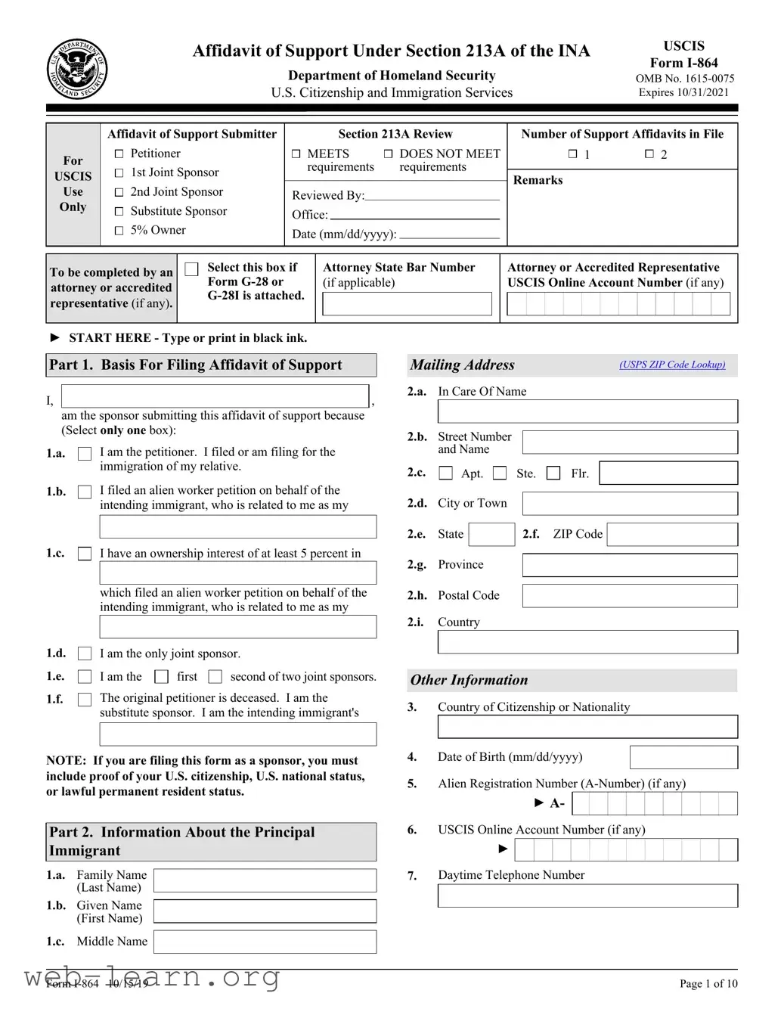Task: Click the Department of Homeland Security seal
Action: (x=76, y=69)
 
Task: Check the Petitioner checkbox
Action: (x=119, y=154)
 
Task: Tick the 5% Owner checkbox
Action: (x=119, y=231)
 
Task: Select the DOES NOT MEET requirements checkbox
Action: (x=388, y=154)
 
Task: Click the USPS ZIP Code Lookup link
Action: (x=671, y=365)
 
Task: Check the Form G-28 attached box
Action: (x=192, y=269)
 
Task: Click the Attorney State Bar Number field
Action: (x=407, y=304)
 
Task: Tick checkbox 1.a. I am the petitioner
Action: (x=85, y=454)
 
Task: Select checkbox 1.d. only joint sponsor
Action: (x=85, y=653)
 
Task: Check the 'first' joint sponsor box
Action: (x=161, y=676)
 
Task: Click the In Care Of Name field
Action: (x=587, y=411)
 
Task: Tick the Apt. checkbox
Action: (x=446, y=473)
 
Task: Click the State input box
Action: (x=491, y=535)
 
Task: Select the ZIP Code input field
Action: (x=672, y=535)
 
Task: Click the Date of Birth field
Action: (x=683, y=757)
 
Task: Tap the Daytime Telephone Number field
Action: (x=587, y=896)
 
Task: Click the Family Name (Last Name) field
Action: (x=265, y=880)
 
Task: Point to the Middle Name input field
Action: (x=265, y=942)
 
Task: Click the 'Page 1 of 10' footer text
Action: (x=708, y=983)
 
